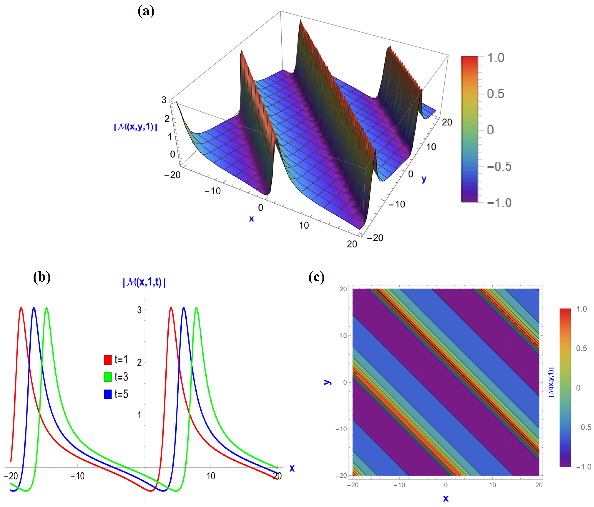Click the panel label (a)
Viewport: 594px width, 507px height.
[146, 11]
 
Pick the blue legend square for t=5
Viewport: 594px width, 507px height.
[108, 394]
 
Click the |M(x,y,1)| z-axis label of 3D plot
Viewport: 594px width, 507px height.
[136, 127]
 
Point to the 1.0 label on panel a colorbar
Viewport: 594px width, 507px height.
[496, 58]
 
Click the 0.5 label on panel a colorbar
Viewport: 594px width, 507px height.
[496, 94]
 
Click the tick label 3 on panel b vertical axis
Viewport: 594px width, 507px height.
[139, 310]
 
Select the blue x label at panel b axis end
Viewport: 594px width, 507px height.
[292, 468]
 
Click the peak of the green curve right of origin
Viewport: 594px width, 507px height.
[196, 308]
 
